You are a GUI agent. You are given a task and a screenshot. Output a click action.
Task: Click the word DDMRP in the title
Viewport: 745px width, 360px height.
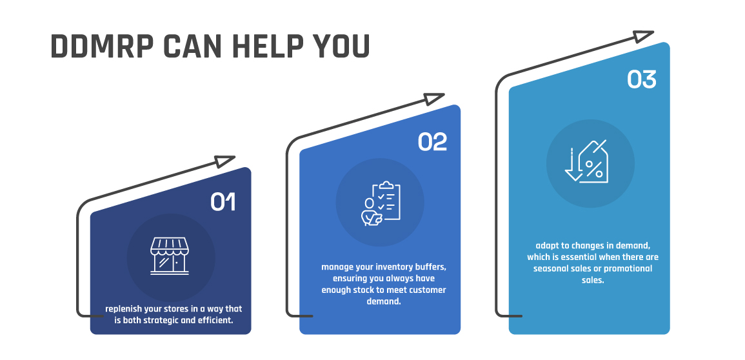[102, 46]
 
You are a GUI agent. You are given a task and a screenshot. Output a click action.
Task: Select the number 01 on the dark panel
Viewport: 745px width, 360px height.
[223, 202]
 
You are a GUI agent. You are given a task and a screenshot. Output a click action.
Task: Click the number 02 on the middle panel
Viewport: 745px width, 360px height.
[432, 142]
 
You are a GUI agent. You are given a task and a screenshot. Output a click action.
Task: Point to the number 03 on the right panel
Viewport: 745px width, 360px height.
[641, 79]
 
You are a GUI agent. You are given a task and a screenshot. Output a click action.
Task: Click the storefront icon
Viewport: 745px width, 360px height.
[170, 256]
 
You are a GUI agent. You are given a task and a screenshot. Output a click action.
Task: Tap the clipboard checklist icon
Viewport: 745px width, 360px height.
[381, 203]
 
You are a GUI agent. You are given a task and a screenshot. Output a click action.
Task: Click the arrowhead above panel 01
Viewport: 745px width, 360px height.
[224, 161]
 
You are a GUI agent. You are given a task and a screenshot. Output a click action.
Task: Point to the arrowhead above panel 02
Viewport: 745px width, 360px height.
[434, 98]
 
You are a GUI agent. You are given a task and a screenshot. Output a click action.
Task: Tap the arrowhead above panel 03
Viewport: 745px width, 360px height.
[643, 36]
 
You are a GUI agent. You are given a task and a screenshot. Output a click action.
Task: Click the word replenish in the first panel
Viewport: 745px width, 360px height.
[123, 309]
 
